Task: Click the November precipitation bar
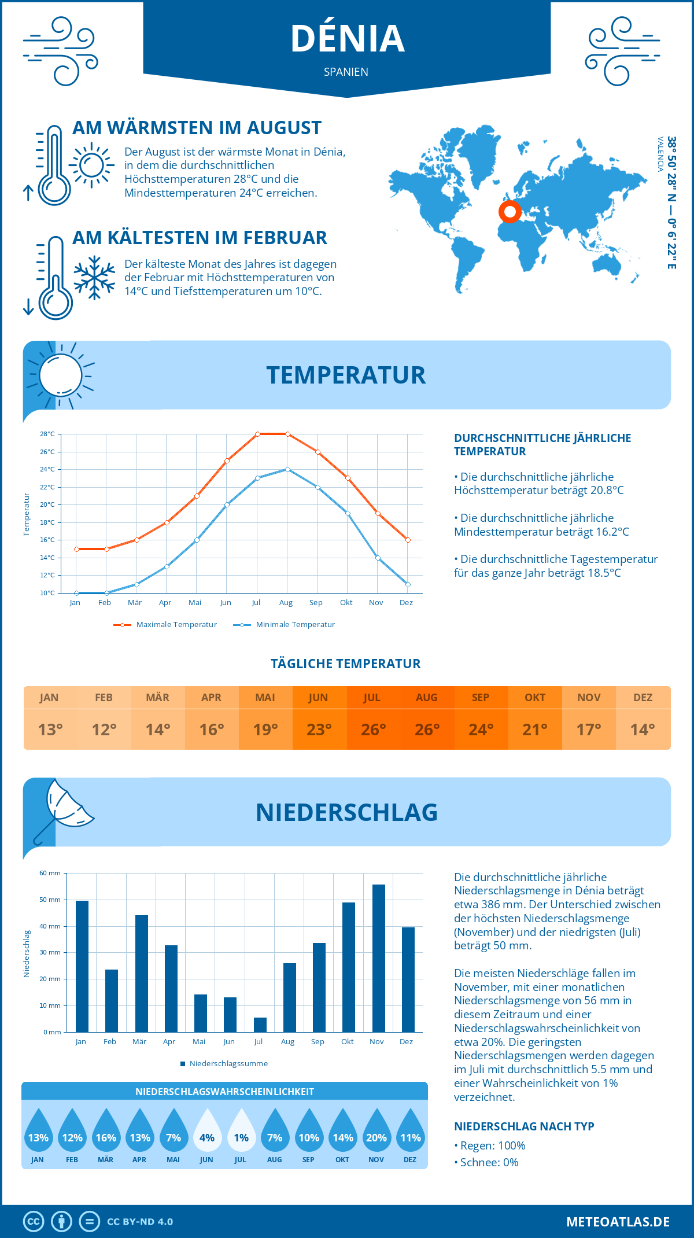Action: tap(378, 958)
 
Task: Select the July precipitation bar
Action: tap(260, 1025)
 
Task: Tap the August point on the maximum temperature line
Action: tap(287, 434)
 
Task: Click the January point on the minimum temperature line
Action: tap(76, 593)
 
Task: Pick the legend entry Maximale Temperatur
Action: tap(165, 625)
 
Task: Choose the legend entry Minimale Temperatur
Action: tap(285, 625)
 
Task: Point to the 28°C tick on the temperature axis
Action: tap(47, 434)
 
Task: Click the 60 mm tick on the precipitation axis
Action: tap(50, 873)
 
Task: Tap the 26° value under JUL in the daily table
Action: tap(373, 729)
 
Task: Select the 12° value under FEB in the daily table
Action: tap(104, 729)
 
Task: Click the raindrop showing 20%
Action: tap(376, 1131)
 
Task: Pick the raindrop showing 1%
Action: tap(241, 1131)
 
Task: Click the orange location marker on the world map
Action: tap(510, 212)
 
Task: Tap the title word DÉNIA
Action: tap(347, 39)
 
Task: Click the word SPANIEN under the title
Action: tap(346, 72)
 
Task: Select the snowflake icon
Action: tap(94, 278)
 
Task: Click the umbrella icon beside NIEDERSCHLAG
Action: tap(64, 810)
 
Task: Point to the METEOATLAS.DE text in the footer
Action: tap(618, 1222)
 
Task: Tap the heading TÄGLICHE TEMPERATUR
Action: tap(346, 664)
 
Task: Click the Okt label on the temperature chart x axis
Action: tap(346, 603)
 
